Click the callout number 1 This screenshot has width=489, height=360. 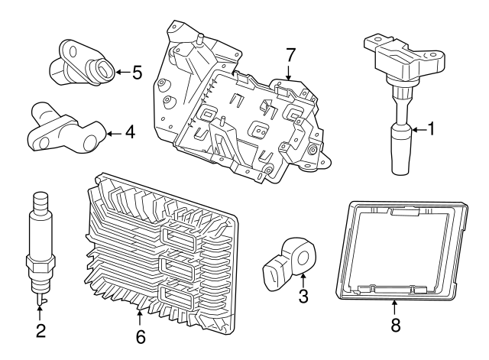coord(431,130)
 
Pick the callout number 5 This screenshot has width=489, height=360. coord(137,73)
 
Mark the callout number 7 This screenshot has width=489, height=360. coord(290,55)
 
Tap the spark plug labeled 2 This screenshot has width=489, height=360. coord(40,245)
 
